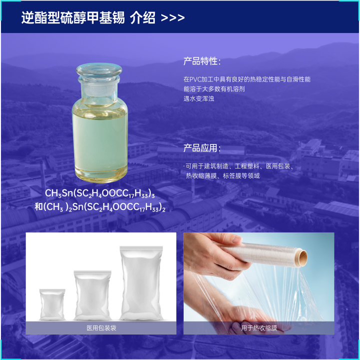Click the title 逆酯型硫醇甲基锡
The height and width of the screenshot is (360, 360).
(73, 17)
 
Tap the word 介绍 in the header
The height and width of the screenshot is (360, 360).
(143, 17)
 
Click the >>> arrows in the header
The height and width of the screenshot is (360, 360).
(173, 17)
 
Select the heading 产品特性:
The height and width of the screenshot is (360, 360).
(202, 61)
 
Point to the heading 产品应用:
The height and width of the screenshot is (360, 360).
(202, 148)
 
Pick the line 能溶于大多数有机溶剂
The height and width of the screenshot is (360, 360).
(214, 89)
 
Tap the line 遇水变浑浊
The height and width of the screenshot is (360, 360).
(199, 98)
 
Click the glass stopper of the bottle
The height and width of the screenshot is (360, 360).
(99, 69)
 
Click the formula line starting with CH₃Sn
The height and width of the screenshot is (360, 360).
(100, 193)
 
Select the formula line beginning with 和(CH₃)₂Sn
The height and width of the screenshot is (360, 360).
(100, 207)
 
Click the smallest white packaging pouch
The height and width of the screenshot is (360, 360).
(52, 304)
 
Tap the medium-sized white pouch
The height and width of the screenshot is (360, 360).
(92, 295)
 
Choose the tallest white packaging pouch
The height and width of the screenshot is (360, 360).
(141, 283)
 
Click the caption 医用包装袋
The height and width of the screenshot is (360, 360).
(101, 328)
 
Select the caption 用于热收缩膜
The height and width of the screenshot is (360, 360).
(259, 328)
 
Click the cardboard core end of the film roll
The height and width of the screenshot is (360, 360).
(302, 258)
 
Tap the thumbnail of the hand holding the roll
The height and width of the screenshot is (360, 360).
(259, 283)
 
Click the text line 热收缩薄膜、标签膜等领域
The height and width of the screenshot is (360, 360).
(223, 176)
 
